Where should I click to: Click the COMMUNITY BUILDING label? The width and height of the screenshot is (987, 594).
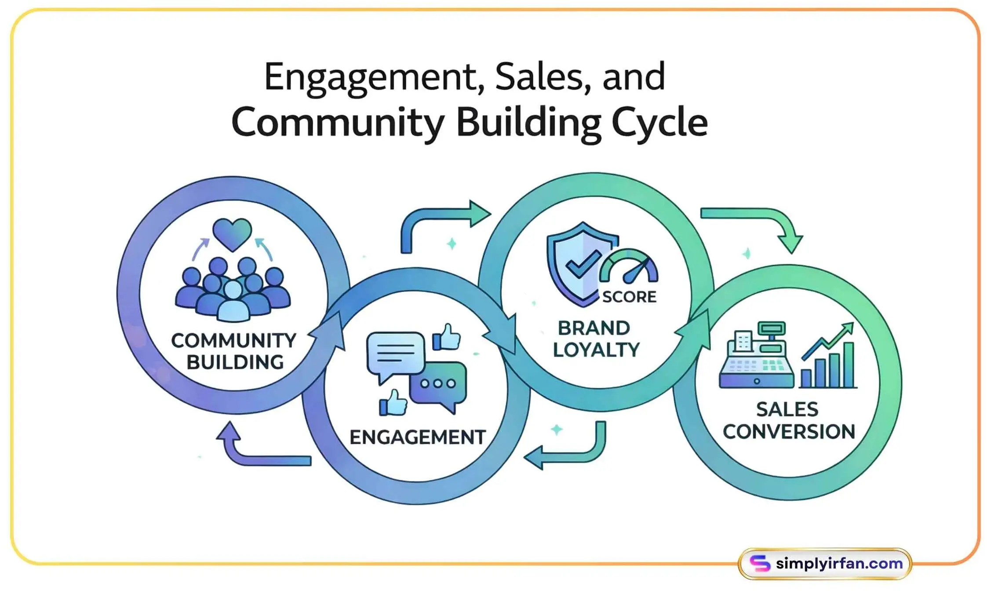pyautogui.click(x=234, y=351)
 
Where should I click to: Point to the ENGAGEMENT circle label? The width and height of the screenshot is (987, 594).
pyautogui.click(x=418, y=437)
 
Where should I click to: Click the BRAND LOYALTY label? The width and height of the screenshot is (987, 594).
pyautogui.click(x=595, y=339)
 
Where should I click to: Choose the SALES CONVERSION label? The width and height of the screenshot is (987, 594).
pyautogui.click(x=789, y=420)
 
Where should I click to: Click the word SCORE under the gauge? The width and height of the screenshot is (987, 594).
pyautogui.click(x=629, y=297)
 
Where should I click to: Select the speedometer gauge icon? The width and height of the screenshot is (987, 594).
pyautogui.click(x=629, y=266)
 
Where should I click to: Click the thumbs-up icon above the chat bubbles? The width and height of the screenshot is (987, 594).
pyautogui.click(x=446, y=337)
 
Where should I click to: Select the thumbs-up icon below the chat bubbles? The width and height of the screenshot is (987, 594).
pyautogui.click(x=393, y=402)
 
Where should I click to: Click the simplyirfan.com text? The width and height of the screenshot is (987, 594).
pyautogui.click(x=839, y=563)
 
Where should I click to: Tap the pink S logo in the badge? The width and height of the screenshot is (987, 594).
pyautogui.click(x=760, y=563)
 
